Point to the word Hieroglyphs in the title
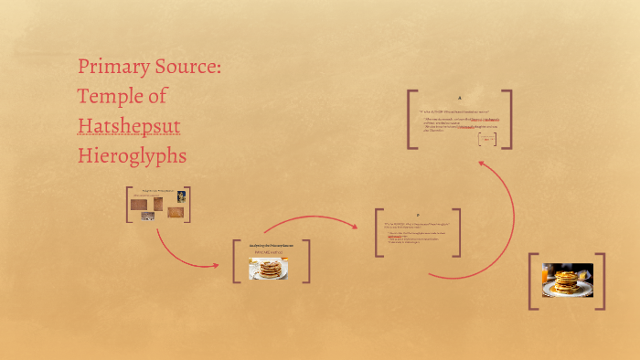[132, 155]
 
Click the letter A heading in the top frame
[460, 99]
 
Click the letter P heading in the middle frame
[417, 216]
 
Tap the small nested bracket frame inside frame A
[487, 140]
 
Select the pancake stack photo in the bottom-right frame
[568, 281]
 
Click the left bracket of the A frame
[411, 119]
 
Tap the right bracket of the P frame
[457, 232]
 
